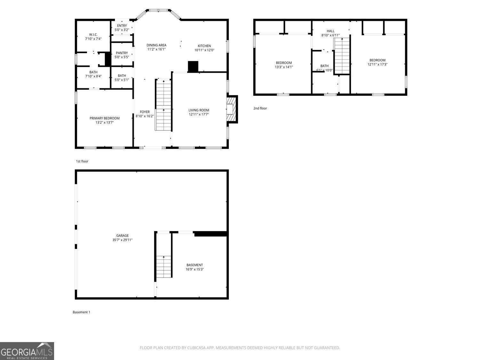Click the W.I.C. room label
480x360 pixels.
93,35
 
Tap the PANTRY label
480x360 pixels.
122,53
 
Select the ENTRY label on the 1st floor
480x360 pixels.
122,26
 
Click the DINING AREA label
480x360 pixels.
156,45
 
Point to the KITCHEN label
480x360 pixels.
204,46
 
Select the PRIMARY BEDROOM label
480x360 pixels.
104,118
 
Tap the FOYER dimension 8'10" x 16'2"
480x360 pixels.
145,116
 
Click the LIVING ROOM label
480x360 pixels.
198,110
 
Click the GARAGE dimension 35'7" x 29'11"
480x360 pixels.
122,240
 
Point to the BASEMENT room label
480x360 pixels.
195,265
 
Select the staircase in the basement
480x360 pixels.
164,266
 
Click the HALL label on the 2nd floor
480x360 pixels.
331,31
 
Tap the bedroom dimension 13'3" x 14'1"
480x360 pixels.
284,67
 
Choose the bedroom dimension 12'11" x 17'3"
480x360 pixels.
377,64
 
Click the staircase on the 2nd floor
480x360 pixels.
342,56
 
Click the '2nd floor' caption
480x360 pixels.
260,108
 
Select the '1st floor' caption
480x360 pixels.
82,161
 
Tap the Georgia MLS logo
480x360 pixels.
27,351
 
